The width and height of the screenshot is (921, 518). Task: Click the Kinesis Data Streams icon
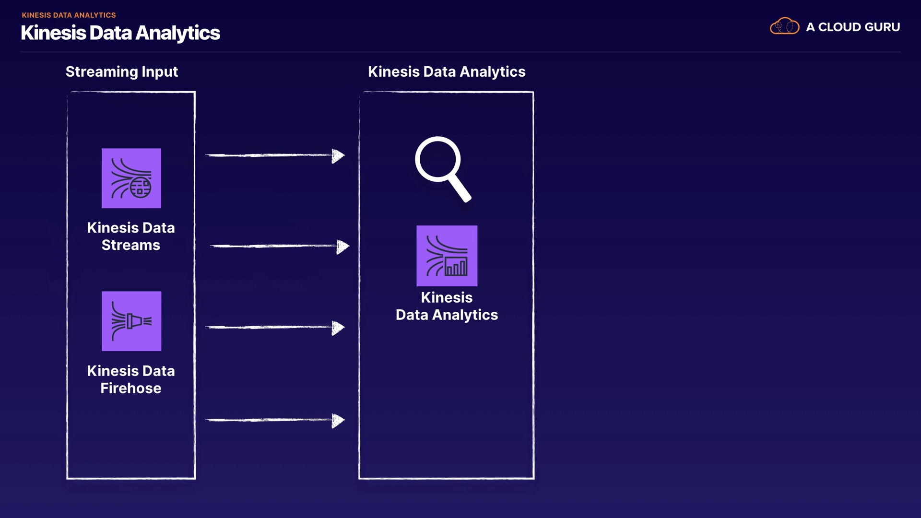[131, 178]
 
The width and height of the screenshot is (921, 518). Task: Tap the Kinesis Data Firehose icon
[131, 321]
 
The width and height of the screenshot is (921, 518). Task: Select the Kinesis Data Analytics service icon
[447, 256]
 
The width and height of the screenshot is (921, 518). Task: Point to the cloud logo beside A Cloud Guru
[784, 26]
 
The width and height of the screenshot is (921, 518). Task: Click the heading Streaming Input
[121, 71]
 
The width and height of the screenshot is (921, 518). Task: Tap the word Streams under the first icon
[130, 245]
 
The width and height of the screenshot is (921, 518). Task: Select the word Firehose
[130, 388]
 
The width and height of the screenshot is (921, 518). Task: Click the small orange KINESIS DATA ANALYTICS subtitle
[69, 15]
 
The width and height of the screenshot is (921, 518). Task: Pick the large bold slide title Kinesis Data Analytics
[120, 33]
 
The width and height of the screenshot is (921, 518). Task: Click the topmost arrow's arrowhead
[338, 155]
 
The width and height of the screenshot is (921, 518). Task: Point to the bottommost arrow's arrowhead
[338, 421]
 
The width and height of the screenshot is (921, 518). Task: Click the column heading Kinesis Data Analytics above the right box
[446, 71]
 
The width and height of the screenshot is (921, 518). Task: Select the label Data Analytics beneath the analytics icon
[447, 315]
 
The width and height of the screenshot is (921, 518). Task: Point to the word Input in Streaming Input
[159, 71]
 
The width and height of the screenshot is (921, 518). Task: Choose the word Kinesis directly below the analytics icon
[447, 297]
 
